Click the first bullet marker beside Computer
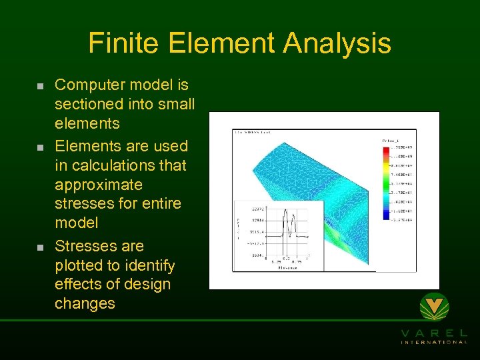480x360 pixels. pos(40,87)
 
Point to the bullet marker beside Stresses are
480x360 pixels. pos(40,247)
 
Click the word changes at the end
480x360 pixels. pos(85,304)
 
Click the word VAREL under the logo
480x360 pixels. pos(434,333)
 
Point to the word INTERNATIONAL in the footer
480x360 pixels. pos(434,343)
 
